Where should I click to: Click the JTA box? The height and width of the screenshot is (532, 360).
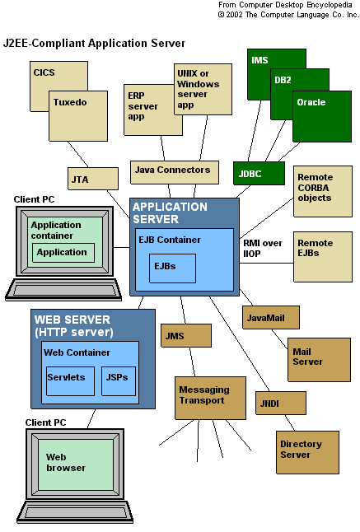[93, 179]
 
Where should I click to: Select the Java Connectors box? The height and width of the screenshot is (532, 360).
[175, 172]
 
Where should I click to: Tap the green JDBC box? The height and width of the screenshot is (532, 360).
[259, 174]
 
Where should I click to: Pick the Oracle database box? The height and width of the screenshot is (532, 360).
[322, 116]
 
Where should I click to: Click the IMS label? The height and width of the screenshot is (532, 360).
[259, 60]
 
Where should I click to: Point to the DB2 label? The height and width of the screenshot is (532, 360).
[283, 80]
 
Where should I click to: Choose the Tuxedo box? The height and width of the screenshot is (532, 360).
[78, 116]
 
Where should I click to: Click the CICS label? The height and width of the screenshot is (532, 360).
[44, 72]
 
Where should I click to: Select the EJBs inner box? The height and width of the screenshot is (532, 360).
[172, 268]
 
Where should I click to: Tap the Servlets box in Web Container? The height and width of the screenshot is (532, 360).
[70, 381]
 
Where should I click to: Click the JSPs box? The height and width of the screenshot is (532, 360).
[119, 381]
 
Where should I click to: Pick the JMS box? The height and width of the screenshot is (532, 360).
[186, 335]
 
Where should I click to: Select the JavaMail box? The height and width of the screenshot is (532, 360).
[271, 318]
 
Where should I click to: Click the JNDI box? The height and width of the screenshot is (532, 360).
[281, 403]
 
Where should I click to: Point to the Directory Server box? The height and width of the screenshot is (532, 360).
[307, 452]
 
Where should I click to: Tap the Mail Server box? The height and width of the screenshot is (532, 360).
[319, 360]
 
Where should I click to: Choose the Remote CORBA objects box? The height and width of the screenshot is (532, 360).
[323, 191]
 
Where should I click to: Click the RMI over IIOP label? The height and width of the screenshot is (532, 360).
[263, 249]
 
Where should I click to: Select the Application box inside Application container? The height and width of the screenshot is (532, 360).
[63, 253]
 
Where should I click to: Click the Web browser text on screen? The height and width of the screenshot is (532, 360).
[66, 462]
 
